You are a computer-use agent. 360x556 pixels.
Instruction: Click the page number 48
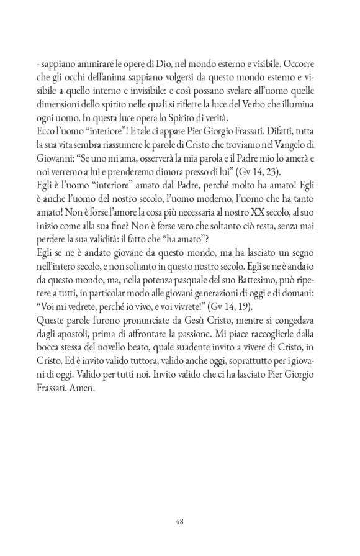pyautogui.click(x=180, y=504)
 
